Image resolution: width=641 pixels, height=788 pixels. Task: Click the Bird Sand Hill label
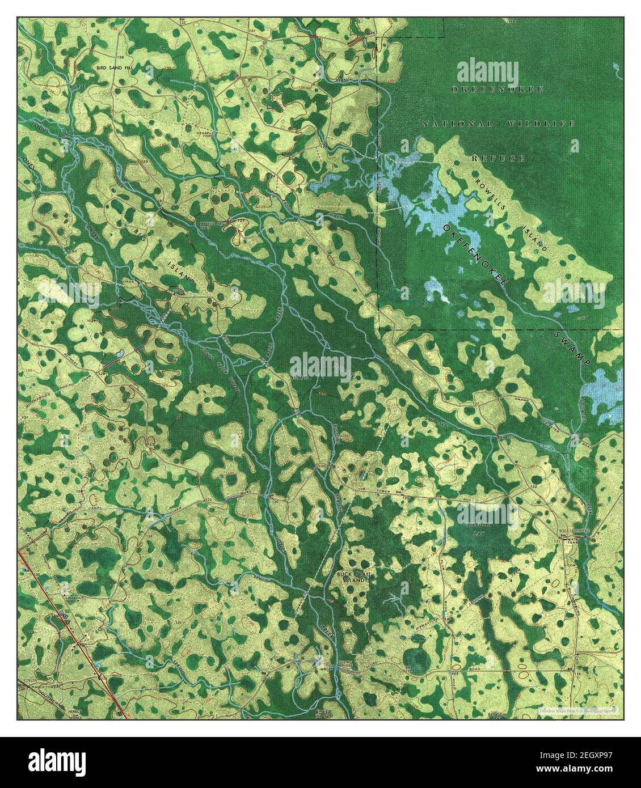coord(117,66)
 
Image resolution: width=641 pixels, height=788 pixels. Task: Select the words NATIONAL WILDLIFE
coord(498,124)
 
